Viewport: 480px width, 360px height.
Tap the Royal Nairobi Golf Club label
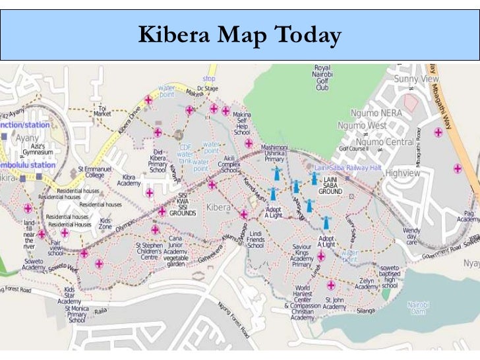(322, 78)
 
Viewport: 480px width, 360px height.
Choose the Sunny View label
(416, 78)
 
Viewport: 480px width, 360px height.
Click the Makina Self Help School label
(241, 123)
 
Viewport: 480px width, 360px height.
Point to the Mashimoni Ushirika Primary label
(274, 154)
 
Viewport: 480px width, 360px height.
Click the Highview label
(402, 173)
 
